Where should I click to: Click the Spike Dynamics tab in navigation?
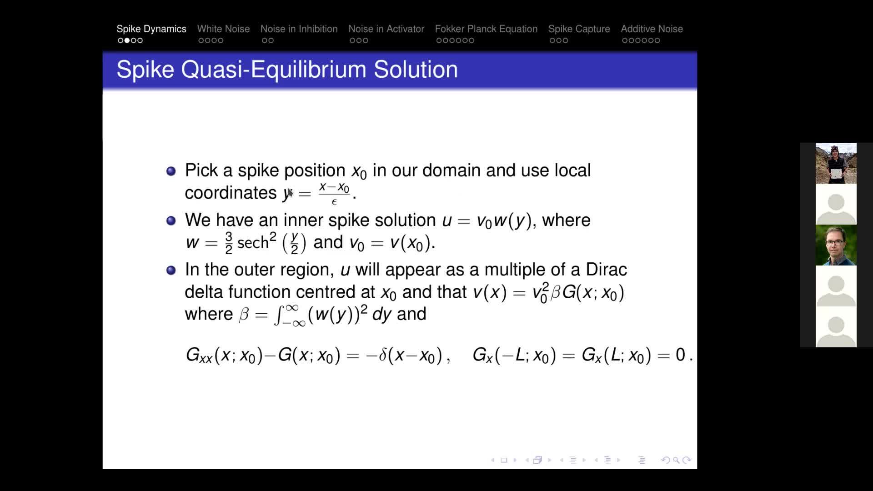pyautogui.click(x=151, y=29)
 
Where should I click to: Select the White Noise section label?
pyautogui.click(x=223, y=29)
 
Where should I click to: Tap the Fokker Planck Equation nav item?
pyautogui.click(x=486, y=29)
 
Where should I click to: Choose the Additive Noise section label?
pyautogui.click(x=652, y=29)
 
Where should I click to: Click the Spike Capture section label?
pyautogui.click(x=579, y=29)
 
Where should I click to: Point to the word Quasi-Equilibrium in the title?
pyautogui.click(x=274, y=70)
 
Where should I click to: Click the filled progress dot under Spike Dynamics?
pyautogui.click(x=127, y=40)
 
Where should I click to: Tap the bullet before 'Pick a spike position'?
pyautogui.click(x=171, y=171)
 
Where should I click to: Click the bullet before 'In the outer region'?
pyautogui.click(x=171, y=271)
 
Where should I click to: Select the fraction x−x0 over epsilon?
pyautogui.click(x=334, y=193)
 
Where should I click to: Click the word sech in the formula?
pyautogui.click(x=253, y=243)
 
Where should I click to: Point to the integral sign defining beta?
pyautogui.click(x=278, y=315)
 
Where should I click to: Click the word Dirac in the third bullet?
pyautogui.click(x=606, y=270)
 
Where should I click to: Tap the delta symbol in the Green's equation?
pyautogui.click(x=383, y=355)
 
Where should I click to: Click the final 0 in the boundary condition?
pyautogui.click(x=680, y=355)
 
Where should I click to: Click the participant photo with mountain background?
pyautogui.click(x=836, y=163)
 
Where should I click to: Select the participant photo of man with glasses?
pyautogui.click(x=836, y=245)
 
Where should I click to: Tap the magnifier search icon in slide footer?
pyautogui.click(x=676, y=460)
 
